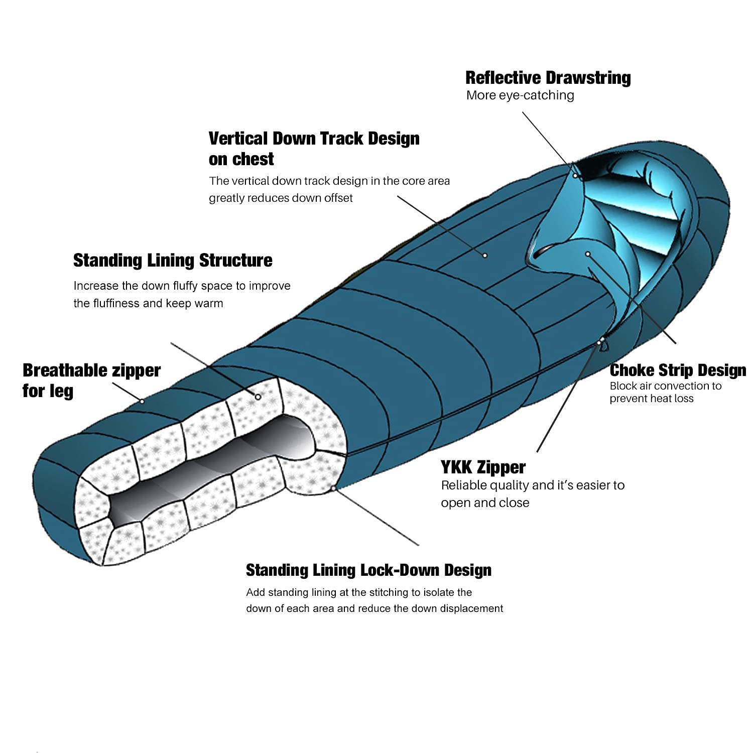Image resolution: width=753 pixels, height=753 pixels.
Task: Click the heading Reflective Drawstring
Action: click(548, 78)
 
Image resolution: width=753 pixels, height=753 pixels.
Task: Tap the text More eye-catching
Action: click(520, 95)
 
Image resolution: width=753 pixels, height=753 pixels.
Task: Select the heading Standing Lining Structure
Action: click(173, 261)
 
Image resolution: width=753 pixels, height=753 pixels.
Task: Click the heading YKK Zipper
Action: click(483, 467)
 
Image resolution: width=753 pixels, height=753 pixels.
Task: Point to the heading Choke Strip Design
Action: click(678, 370)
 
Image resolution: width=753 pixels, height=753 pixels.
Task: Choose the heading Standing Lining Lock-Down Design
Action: click(368, 570)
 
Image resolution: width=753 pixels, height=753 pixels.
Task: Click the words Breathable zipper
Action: click(91, 370)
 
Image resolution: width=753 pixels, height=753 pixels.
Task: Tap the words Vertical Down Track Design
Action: click(314, 139)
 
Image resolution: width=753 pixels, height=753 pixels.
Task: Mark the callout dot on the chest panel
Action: click(485, 256)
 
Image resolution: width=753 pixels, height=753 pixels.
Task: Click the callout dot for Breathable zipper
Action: click(142, 401)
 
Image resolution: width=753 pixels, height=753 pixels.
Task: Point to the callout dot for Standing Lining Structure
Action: click(258, 397)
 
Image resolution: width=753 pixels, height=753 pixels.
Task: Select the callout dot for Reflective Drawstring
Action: click(575, 176)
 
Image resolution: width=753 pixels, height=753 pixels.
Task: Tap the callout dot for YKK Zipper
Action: click(599, 342)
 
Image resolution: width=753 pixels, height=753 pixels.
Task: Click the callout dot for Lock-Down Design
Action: click(333, 487)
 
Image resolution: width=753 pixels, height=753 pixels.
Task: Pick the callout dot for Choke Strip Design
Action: click(588, 254)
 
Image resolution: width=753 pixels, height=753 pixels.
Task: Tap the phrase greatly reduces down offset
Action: click(281, 198)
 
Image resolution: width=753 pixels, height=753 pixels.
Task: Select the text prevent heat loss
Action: click(652, 399)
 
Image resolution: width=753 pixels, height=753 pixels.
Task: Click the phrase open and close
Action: click(485, 503)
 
